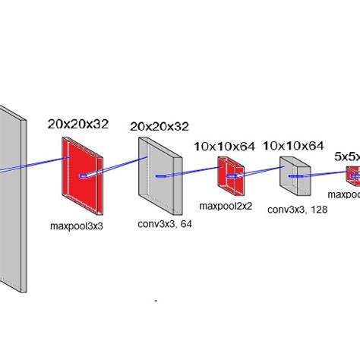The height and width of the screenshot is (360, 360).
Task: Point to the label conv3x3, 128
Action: pyautogui.click(x=297, y=210)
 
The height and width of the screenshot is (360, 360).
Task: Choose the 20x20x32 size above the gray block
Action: pyautogui.click(x=159, y=126)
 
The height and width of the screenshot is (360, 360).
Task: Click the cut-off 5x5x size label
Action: pyautogui.click(x=346, y=156)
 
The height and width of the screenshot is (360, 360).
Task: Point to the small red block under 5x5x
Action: pyautogui.click(x=353, y=175)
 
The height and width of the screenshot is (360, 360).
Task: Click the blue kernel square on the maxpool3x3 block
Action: pyautogui.click(x=84, y=176)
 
